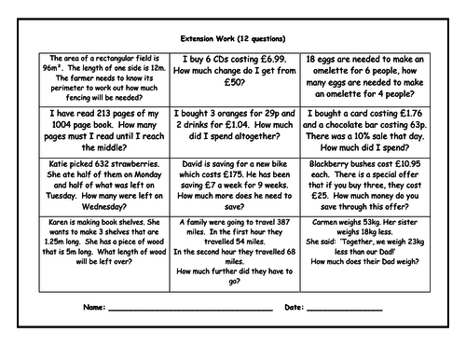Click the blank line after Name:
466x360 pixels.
(177, 308)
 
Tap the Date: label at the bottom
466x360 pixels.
(293, 306)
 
